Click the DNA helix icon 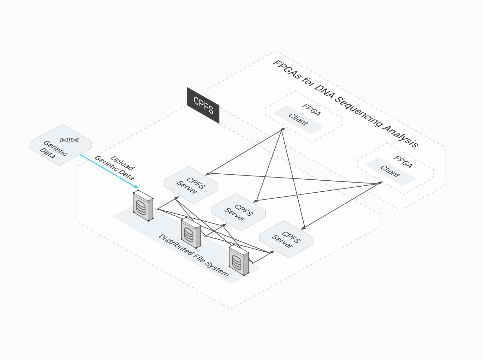point(69,140)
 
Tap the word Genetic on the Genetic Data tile point(56,148)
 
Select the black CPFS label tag point(203,105)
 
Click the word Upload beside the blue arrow point(123,163)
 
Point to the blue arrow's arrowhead point(136,187)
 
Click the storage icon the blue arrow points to point(143,206)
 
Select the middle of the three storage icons point(191,233)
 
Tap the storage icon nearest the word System point(239,260)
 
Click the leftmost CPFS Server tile point(191,185)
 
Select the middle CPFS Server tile point(239,212)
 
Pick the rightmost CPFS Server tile point(286,239)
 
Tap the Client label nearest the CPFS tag point(298,119)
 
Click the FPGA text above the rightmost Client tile point(403,162)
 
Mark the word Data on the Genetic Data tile point(47,153)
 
